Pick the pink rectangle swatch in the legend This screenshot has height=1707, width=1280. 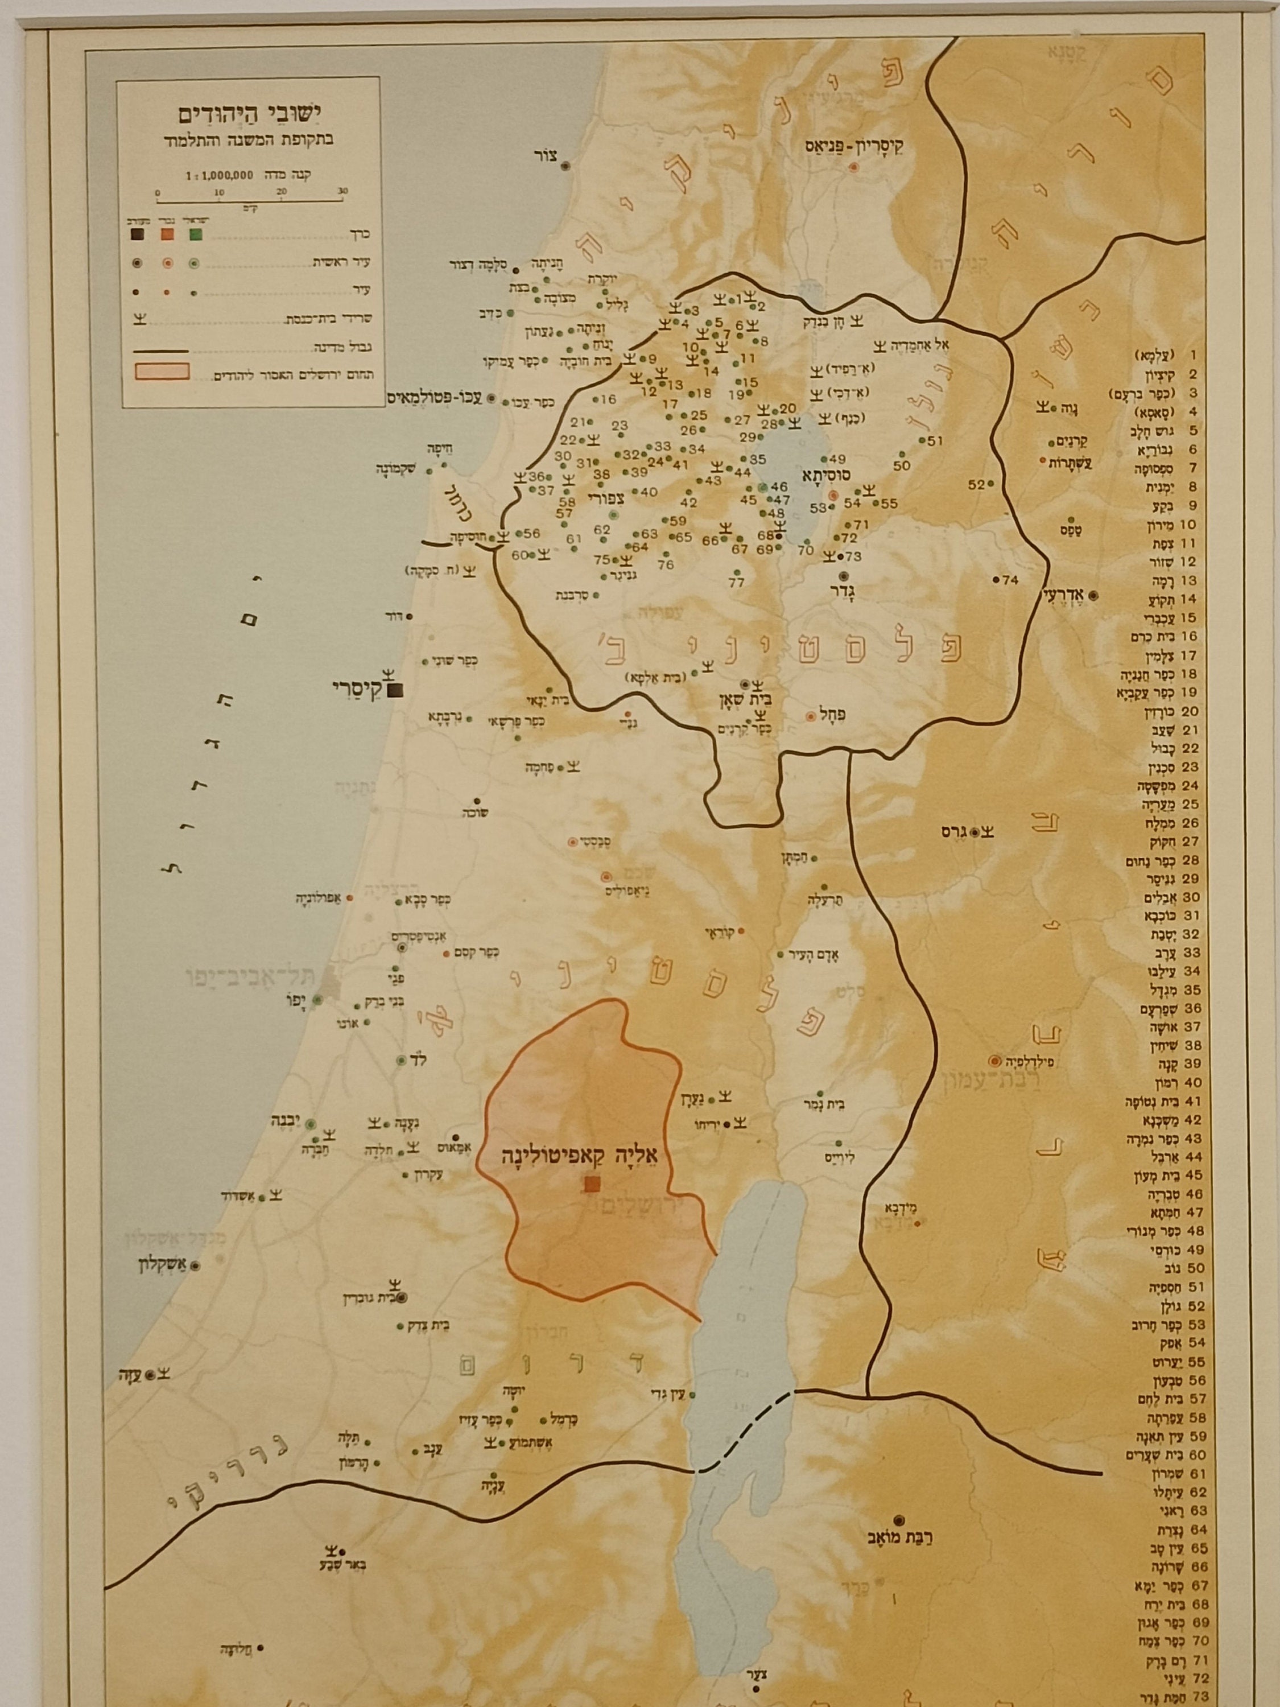(162, 370)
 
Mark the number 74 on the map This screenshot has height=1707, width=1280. (1010, 580)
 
